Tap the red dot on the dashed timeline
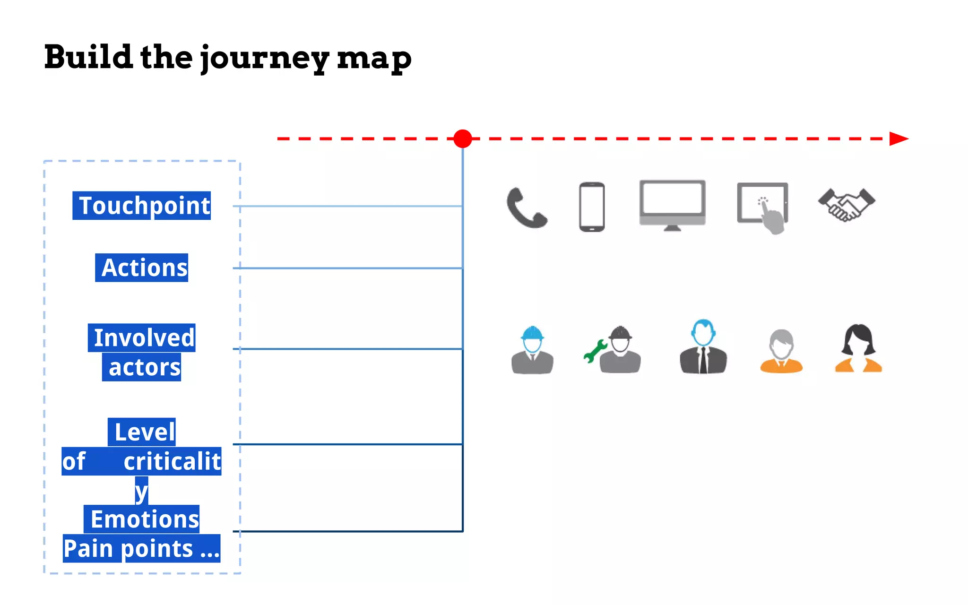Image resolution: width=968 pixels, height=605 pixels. [x=462, y=138]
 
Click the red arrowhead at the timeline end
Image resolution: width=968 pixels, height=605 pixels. [x=898, y=138]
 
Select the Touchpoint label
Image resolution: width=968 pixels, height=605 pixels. [x=142, y=206]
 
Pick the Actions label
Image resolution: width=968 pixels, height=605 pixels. [x=142, y=268]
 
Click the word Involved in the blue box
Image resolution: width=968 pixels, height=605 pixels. [x=142, y=337]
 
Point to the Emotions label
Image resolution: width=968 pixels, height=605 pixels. [x=142, y=519]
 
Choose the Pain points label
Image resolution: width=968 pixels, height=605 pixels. [x=142, y=549]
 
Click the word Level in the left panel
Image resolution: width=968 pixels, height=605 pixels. [x=142, y=432]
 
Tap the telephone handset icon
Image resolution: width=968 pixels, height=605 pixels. [x=526, y=208]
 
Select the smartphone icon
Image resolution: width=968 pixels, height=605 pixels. [x=592, y=207]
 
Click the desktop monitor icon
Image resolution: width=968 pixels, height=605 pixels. [x=672, y=205]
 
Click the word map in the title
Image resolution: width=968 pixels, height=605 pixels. [x=374, y=59]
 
